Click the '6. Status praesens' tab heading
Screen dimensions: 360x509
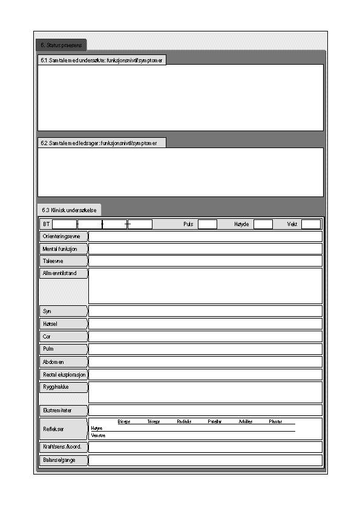(x=61, y=45)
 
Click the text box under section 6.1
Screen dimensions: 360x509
(x=180, y=97)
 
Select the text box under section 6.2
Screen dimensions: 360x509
(x=180, y=172)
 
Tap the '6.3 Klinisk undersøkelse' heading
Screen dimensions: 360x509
(x=70, y=210)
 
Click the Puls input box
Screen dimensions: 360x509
(x=207, y=224)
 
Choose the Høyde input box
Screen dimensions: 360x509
(x=263, y=224)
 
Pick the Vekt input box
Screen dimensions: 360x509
(x=310, y=224)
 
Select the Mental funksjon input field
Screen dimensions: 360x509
(x=205, y=249)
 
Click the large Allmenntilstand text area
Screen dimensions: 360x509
(x=205, y=286)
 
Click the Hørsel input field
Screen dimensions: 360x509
(x=205, y=323)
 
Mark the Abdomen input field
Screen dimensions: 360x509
(x=205, y=361)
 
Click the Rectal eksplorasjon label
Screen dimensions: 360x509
(x=64, y=375)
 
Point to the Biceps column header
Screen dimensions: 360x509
(x=123, y=421)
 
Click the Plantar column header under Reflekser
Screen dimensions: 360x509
(x=275, y=421)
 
